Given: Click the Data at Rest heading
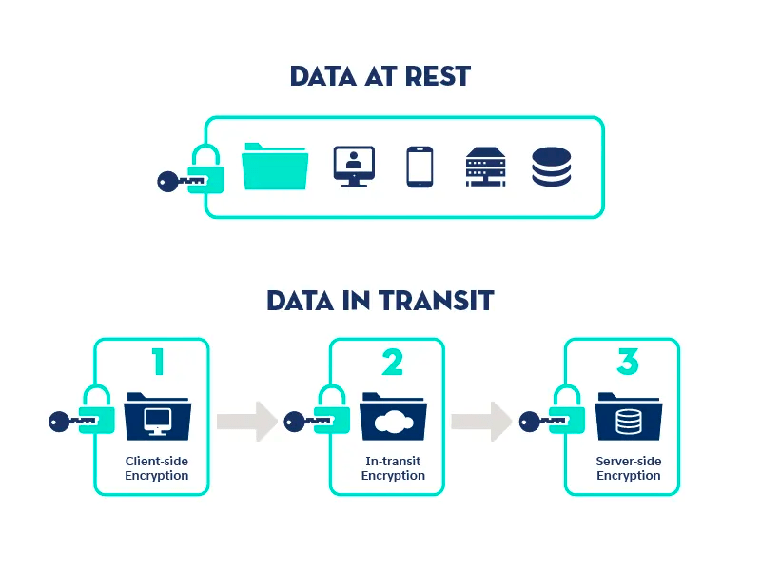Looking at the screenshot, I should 380,76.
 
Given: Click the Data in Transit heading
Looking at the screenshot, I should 380,301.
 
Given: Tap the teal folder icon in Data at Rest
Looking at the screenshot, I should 275,167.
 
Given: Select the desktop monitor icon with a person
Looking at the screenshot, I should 354,167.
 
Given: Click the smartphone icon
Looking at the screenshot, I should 420,167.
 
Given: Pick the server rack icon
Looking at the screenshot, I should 485,167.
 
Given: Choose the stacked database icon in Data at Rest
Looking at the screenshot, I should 552,167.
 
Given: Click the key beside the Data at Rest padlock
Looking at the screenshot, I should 178,178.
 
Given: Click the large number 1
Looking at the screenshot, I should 158,363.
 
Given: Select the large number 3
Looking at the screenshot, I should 628,363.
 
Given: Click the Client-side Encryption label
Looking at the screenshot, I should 157,468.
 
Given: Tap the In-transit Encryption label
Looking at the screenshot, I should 393,468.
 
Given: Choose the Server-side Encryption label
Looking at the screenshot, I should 628,468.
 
